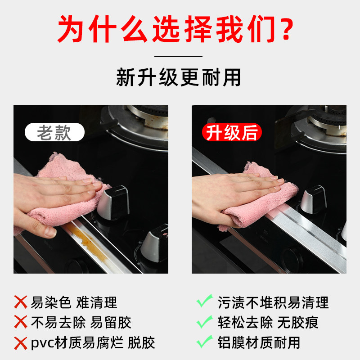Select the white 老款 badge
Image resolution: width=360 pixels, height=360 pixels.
pos(54,133)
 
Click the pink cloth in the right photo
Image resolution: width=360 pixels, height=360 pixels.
pos(265,198)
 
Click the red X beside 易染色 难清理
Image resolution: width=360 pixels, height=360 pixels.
pos(21,302)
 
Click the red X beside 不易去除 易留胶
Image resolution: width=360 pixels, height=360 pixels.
pos(21,322)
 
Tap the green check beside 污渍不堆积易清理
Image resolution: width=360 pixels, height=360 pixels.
pos(205,301)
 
